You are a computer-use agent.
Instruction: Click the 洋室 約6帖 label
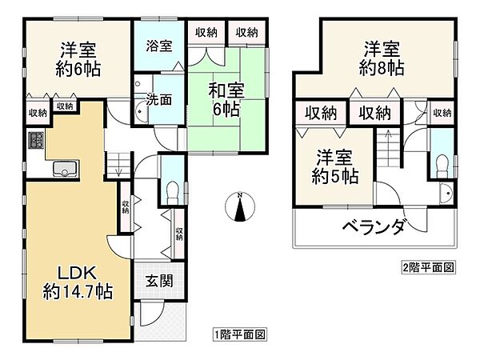[x=78, y=58]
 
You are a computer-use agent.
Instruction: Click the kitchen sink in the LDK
[x=65, y=168]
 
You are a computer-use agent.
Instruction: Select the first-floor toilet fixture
[x=171, y=189]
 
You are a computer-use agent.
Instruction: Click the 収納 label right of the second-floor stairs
[x=442, y=113]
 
